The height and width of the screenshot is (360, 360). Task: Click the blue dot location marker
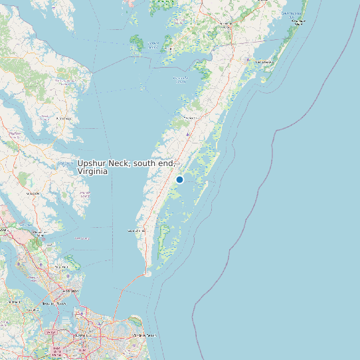click(179, 179)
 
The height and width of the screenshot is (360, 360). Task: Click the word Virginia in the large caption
click(92, 171)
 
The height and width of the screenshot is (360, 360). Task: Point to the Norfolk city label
click(81, 335)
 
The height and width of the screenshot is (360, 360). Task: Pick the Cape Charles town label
click(135, 230)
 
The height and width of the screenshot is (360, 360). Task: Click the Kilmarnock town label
click(64, 118)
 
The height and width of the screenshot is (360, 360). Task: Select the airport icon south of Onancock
click(188, 135)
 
